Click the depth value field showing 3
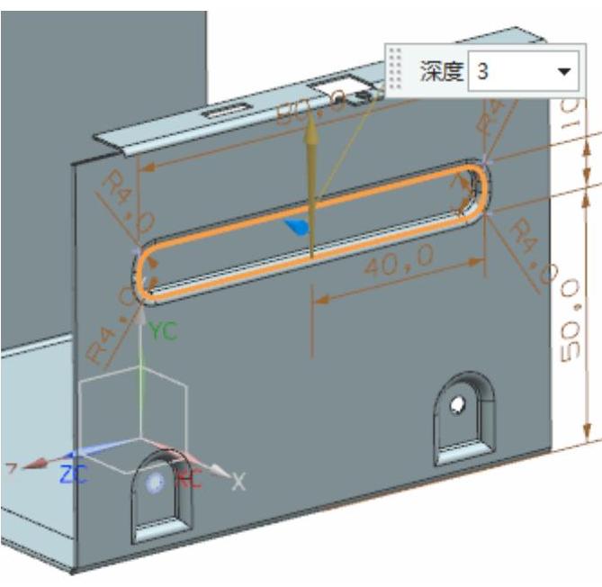pos(508,72)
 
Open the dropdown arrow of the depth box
pos(564,72)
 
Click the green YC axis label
pos(164,331)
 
